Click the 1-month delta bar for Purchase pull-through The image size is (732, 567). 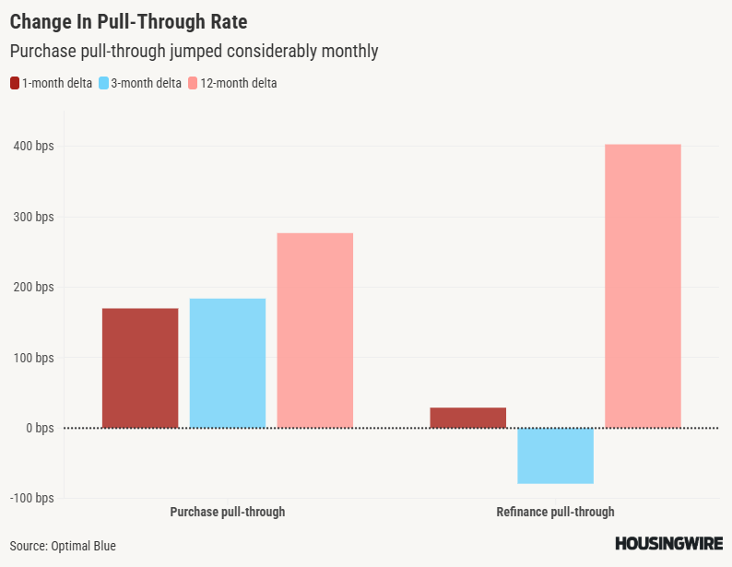(140, 368)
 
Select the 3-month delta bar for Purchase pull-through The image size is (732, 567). (228, 363)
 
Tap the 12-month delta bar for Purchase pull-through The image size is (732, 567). (315, 330)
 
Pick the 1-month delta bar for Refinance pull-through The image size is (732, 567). (468, 418)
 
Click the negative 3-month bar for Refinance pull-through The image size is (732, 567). (555, 455)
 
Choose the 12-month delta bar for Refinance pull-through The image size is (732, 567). (643, 286)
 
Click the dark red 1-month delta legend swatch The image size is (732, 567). (15, 83)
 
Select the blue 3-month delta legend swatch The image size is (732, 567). (104, 83)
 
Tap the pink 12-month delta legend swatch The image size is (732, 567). (193, 83)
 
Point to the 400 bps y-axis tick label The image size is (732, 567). (33, 147)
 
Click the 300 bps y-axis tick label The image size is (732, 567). (33, 217)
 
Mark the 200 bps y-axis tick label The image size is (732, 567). (33, 287)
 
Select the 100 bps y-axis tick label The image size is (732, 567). (33, 358)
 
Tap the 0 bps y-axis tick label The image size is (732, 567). (39, 428)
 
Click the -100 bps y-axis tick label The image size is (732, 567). (31, 498)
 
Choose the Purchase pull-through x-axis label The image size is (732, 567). (228, 512)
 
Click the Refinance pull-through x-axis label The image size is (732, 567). (555, 512)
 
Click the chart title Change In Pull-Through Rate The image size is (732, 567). (128, 20)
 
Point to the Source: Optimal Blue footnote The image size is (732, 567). (64, 546)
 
